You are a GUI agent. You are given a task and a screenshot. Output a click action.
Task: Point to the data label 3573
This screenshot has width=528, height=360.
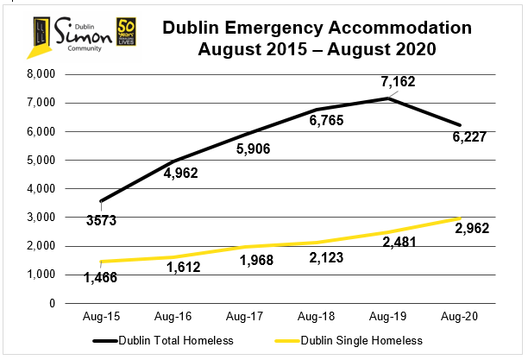(x=102, y=221)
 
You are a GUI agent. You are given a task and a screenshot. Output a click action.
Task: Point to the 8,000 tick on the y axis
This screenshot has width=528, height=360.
(x=41, y=74)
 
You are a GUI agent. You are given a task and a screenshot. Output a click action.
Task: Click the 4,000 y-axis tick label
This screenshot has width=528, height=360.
(x=41, y=188)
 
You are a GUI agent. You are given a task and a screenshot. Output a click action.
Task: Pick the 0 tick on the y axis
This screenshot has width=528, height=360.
(x=53, y=303)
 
